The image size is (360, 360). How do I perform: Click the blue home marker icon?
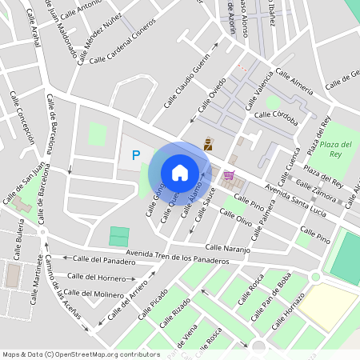(x=180, y=173)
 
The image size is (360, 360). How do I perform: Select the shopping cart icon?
(x=230, y=176)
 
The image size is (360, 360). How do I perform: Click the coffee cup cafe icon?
(x=208, y=144)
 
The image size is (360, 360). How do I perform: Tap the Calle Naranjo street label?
(x=228, y=249)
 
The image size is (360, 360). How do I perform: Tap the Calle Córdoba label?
(x=275, y=118)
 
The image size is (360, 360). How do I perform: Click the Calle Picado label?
(x=152, y=304)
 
